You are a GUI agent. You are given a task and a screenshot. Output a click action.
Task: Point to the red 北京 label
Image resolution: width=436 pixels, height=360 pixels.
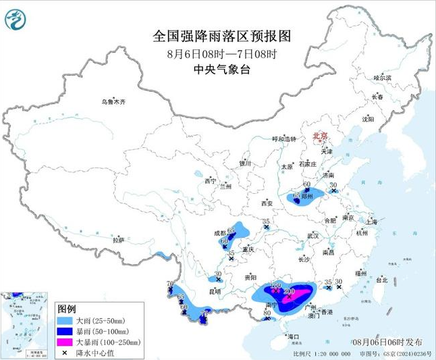[x=319, y=136]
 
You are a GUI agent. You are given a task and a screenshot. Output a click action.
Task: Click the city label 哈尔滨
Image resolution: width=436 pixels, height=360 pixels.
[x=382, y=78]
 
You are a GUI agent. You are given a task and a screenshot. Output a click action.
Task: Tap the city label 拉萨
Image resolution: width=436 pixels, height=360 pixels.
[x=119, y=240]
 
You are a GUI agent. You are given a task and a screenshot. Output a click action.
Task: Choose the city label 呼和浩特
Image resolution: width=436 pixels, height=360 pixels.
[x=283, y=139]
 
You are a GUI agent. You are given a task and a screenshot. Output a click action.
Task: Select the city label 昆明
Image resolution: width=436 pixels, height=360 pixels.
[x=215, y=291]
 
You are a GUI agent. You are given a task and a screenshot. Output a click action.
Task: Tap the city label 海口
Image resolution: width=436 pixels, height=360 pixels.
[x=292, y=336]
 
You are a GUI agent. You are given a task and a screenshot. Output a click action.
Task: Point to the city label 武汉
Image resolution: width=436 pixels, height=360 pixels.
[x=312, y=235]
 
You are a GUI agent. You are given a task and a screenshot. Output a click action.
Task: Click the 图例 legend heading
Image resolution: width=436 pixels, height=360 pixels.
[x=68, y=308]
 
